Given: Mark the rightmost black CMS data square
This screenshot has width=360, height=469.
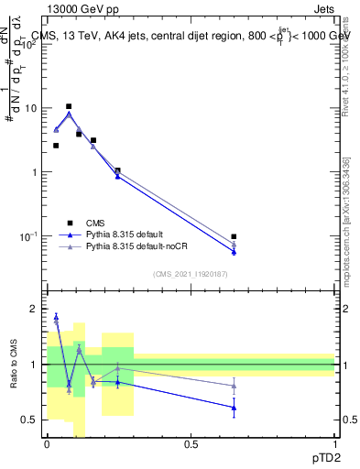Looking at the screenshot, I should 234,236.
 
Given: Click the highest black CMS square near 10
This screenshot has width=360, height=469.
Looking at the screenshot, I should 68,106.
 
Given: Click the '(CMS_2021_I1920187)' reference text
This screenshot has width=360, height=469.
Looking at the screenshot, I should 190,273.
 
